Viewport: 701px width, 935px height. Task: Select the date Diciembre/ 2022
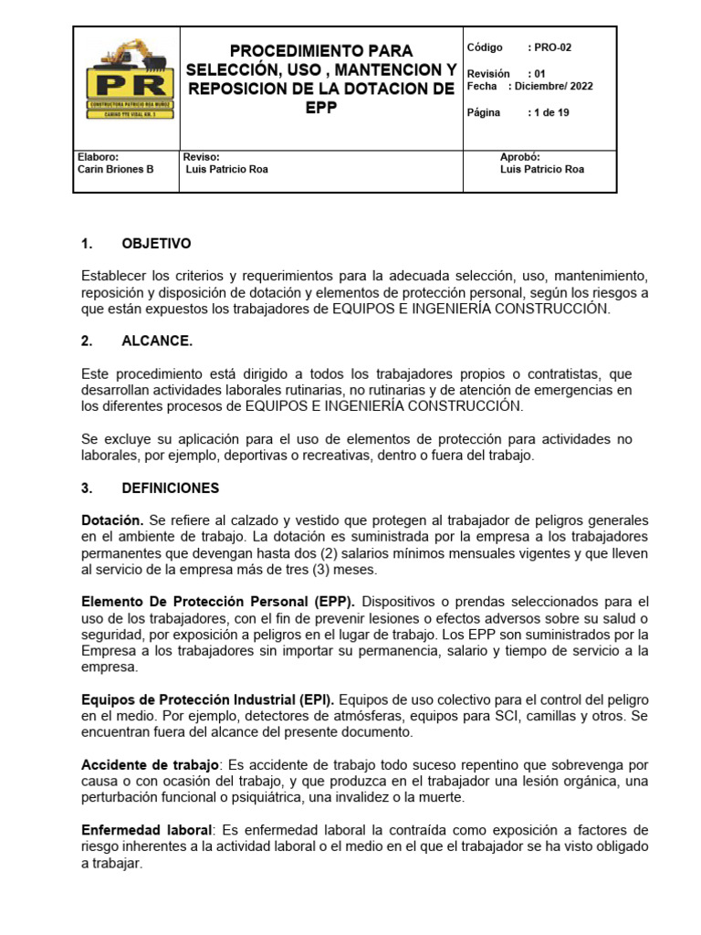(x=554, y=87)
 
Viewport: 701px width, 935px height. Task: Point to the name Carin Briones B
(x=117, y=170)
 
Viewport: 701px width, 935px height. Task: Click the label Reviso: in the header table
(x=201, y=157)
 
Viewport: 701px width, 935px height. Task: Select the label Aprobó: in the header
(x=520, y=157)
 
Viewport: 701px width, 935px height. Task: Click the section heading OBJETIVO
(x=156, y=244)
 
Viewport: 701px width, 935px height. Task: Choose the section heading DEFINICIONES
(x=170, y=489)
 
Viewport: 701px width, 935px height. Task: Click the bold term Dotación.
(x=112, y=520)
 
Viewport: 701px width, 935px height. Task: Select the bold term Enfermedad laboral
(x=146, y=830)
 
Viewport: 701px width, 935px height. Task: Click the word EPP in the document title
(x=320, y=107)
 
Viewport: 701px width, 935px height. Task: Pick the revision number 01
(x=539, y=74)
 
